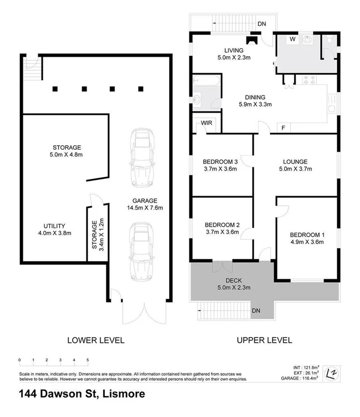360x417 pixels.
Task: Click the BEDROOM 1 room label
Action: point(307,233)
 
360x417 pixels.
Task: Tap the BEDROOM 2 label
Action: point(222,225)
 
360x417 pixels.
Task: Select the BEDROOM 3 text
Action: point(219,161)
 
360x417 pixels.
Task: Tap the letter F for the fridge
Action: point(283,127)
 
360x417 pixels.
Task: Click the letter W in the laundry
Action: point(292,39)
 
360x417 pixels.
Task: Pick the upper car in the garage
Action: point(142,156)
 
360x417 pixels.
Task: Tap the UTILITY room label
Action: point(54,226)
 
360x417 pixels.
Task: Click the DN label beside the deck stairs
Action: point(256,310)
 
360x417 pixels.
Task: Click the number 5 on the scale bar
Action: point(88,359)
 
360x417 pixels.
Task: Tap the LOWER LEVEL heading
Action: point(96,340)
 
